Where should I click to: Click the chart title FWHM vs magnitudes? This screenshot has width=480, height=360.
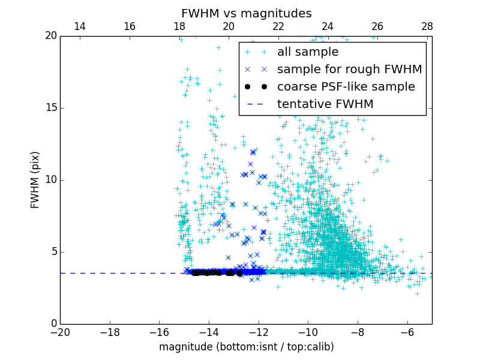tap(246, 13)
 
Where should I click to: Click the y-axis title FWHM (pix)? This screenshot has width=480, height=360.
tap(35, 179)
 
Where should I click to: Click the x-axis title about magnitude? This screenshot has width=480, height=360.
tap(246, 347)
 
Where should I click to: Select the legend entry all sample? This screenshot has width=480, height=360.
tap(308, 52)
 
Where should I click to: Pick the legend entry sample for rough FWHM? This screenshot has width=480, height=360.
tap(349, 70)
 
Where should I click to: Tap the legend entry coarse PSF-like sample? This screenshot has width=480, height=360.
tap(346, 87)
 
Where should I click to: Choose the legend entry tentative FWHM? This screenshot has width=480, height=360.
tap(325, 104)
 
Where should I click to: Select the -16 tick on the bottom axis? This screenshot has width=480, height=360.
tap(159, 332)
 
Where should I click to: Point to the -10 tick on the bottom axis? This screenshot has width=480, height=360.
tap(308, 332)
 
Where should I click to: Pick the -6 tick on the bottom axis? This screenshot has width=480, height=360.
tap(407, 332)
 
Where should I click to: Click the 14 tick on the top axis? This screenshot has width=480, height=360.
tap(80, 26)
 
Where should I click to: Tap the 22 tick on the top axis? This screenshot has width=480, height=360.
tap(278, 26)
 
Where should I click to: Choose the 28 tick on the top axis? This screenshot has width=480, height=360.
tap(427, 26)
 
